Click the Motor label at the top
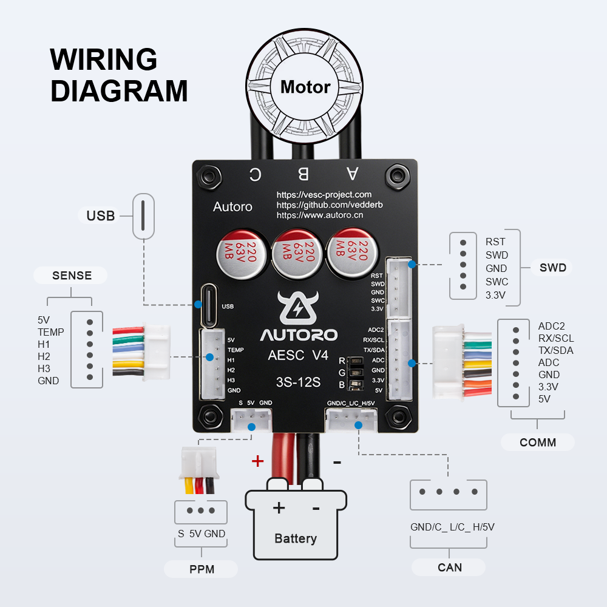click(305, 87)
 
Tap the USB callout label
click(100, 215)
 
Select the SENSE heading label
click(72, 276)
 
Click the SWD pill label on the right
click(552, 268)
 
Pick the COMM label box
click(537, 443)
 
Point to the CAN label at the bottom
click(449, 568)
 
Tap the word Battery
click(296, 538)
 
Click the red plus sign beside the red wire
click(258, 461)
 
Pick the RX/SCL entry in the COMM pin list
click(555, 338)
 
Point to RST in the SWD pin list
click(495, 242)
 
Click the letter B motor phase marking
click(303, 175)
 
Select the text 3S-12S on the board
click(298, 382)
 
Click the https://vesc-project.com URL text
click(324, 195)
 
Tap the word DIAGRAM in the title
click(119, 90)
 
